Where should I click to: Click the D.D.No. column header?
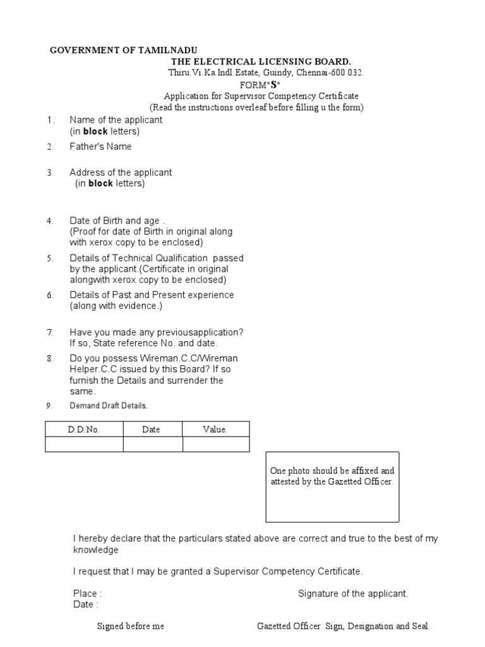[x=84, y=430]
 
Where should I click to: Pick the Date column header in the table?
[x=152, y=430]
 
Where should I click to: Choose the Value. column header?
[x=215, y=430]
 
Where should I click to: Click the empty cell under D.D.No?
[x=84, y=445]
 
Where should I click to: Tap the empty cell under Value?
[x=216, y=445]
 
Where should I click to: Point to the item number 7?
[x=50, y=332]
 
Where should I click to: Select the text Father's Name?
[x=100, y=147]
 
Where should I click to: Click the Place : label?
[x=87, y=594]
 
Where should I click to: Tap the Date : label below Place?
[x=85, y=605]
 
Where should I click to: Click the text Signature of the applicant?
[x=353, y=594]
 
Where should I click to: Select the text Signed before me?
[x=130, y=626]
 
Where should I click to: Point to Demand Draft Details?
[x=108, y=406]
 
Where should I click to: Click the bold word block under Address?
[x=100, y=184]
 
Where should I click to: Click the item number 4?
[x=50, y=221]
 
